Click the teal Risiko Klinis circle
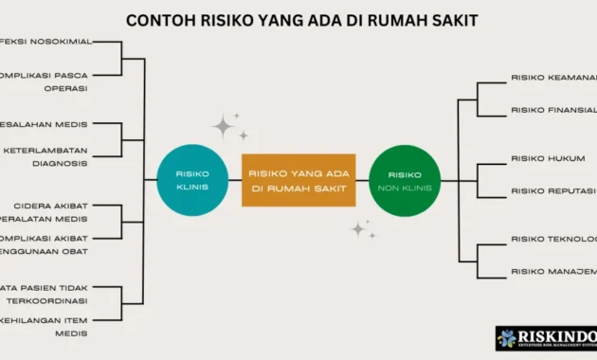pos(191,180)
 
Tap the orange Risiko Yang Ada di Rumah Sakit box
pos(298,180)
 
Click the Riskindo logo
pos(546,338)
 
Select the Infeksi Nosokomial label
pos(44,43)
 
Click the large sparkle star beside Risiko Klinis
pos(224,126)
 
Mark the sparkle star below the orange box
pos(358,228)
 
